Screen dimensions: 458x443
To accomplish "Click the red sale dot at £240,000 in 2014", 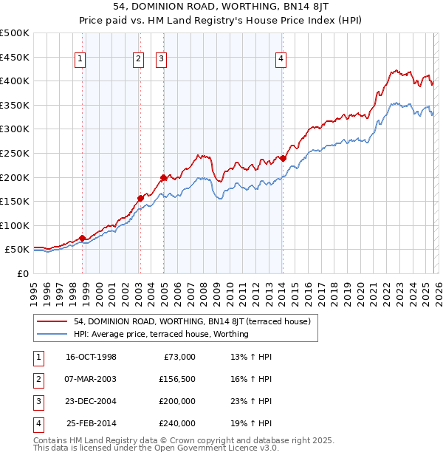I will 283,158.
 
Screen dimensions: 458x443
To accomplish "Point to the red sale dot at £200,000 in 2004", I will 163,177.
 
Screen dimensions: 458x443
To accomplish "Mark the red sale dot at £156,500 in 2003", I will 140,198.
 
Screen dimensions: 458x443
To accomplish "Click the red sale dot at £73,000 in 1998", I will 83,239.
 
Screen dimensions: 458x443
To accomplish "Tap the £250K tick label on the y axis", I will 15,154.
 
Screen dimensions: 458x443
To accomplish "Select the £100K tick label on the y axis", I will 15,226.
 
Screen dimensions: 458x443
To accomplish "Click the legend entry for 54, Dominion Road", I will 192,321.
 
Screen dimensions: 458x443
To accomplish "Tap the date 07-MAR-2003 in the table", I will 91,379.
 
